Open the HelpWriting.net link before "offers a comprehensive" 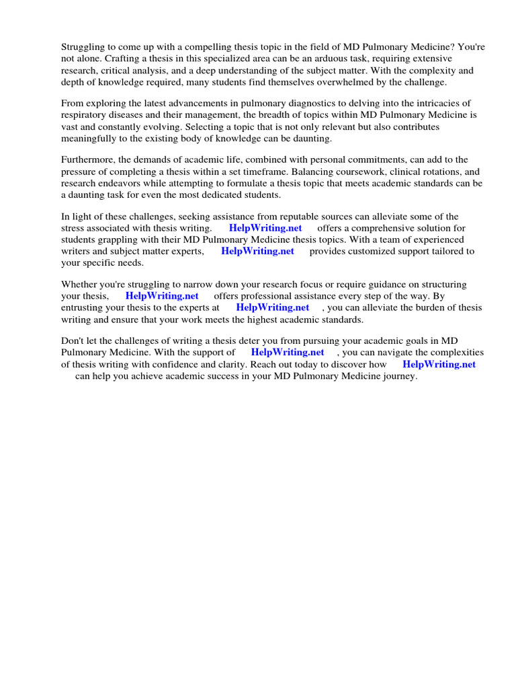[x=265, y=228]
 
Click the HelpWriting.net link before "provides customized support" [x=257, y=251]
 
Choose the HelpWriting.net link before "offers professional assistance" [x=162, y=295]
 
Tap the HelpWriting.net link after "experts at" [x=273, y=307]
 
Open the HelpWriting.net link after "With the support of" [x=288, y=352]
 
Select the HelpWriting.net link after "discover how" [x=439, y=364]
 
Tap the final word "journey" [x=400, y=376]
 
